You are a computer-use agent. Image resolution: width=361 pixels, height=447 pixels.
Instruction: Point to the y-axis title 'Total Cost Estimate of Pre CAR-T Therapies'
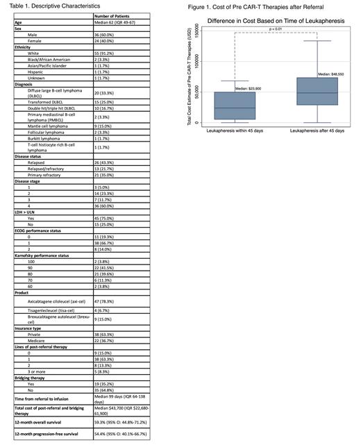tap(190, 77)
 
